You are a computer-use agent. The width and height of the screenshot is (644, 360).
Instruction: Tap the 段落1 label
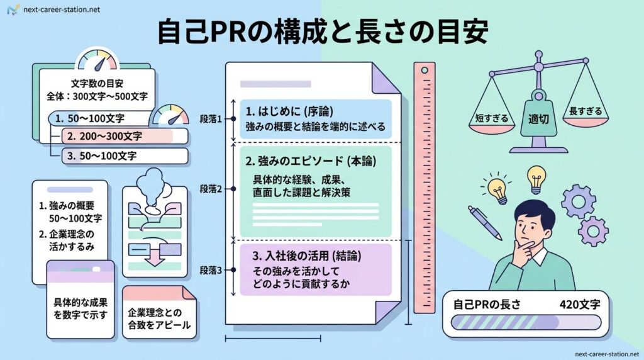(211, 119)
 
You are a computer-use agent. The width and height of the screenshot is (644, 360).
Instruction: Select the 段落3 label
(211, 270)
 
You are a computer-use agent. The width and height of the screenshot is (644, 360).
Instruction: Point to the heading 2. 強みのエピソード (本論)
(311, 160)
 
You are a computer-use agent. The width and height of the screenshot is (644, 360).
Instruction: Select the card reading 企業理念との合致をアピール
(158, 319)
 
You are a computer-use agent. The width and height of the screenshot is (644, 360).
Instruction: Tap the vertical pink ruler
(424, 189)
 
